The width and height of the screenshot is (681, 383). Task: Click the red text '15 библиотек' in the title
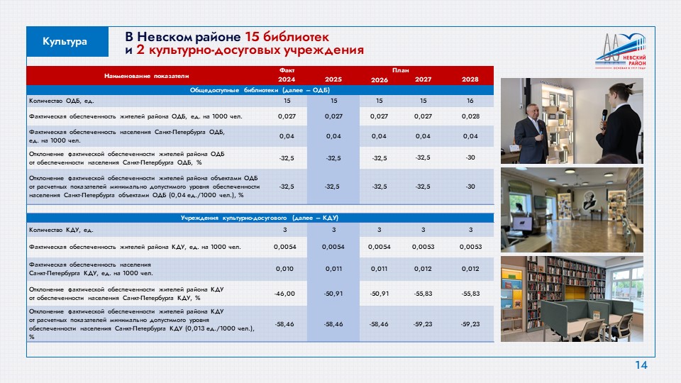[x=287, y=36]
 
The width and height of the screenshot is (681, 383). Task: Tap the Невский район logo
[x=621, y=51]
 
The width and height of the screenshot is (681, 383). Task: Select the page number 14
[x=641, y=365]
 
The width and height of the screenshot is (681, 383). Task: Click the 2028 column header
[x=470, y=79]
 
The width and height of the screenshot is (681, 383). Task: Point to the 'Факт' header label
[x=287, y=70]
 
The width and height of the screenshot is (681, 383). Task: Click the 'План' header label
[x=400, y=70]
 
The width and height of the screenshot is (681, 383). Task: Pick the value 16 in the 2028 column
[x=470, y=101]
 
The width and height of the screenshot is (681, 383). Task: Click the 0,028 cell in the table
[x=470, y=116]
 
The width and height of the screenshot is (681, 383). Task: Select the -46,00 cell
[x=284, y=294]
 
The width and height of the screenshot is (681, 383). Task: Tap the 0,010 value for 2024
[x=284, y=269]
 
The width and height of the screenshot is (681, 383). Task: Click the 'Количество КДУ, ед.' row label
[x=61, y=230]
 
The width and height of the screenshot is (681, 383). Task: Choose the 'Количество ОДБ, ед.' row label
[x=62, y=101]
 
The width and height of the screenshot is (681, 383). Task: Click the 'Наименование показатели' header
[x=146, y=76]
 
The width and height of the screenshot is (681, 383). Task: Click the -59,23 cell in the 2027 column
[x=423, y=324]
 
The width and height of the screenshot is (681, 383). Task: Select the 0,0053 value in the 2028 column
[x=471, y=247]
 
